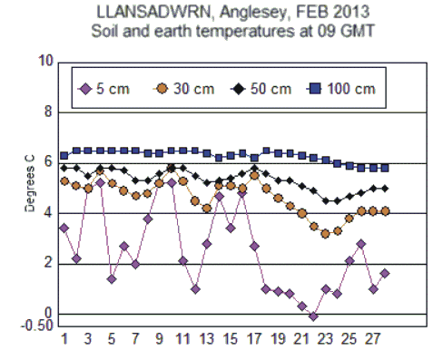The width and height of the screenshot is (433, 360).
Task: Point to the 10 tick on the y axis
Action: click(x=44, y=62)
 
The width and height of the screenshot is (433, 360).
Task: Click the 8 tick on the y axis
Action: click(x=48, y=112)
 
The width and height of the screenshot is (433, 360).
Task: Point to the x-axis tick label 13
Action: click(x=207, y=340)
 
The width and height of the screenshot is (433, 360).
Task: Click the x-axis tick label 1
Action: click(x=64, y=340)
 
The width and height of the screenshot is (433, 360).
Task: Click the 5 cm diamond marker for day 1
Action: click(x=64, y=228)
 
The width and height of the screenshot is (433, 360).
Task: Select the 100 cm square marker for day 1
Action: click(x=64, y=155)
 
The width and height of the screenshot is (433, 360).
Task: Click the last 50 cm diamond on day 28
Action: click(x=385, y=188)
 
